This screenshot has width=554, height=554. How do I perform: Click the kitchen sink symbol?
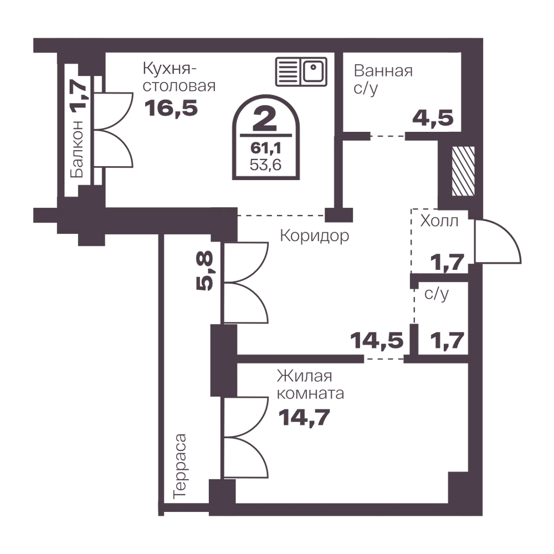pyautogui.click(x=301, y=71)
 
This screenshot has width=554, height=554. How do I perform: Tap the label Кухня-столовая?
pyautogui.click(x=179, y=77)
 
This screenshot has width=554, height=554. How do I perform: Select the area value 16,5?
pyautogui.click(x=171, y=108)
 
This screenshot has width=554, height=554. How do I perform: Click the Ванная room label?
pyautogui.click(x=383, y=71)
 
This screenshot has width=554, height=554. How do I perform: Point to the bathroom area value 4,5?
pyautogui.click(x=433, y=118)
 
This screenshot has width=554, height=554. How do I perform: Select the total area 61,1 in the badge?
pyautogui.click(x=266, y=148)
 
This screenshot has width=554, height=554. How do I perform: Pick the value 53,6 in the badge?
pyautogui.click(x=266, y=165)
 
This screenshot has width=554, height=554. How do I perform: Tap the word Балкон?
pyautogui.click(x=77, y=149)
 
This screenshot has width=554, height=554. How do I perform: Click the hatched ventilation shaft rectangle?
pyautogui.click(x=463, y=171)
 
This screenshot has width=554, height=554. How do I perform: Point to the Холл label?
pyautogui.click(x=439, y=221)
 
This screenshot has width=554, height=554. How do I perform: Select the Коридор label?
pyautogui.click(x=315, y=235)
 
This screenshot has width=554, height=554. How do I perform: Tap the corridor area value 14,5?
pyautogui.click(x=377, y=341)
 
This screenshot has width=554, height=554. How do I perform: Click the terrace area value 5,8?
pyautogui.click(x=205, y=271)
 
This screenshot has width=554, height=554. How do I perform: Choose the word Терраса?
pyautogui.click(x=180, y=466)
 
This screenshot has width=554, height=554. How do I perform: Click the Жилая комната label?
pyautogui.click(x=310, y=385)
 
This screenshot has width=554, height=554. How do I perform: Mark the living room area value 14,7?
pyautogui.click(x=304, y=418)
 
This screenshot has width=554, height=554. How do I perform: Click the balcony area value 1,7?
pyautogui.click(x=79, y=95)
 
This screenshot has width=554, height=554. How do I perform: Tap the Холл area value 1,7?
pyautogui.click(x=447, y=263)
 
